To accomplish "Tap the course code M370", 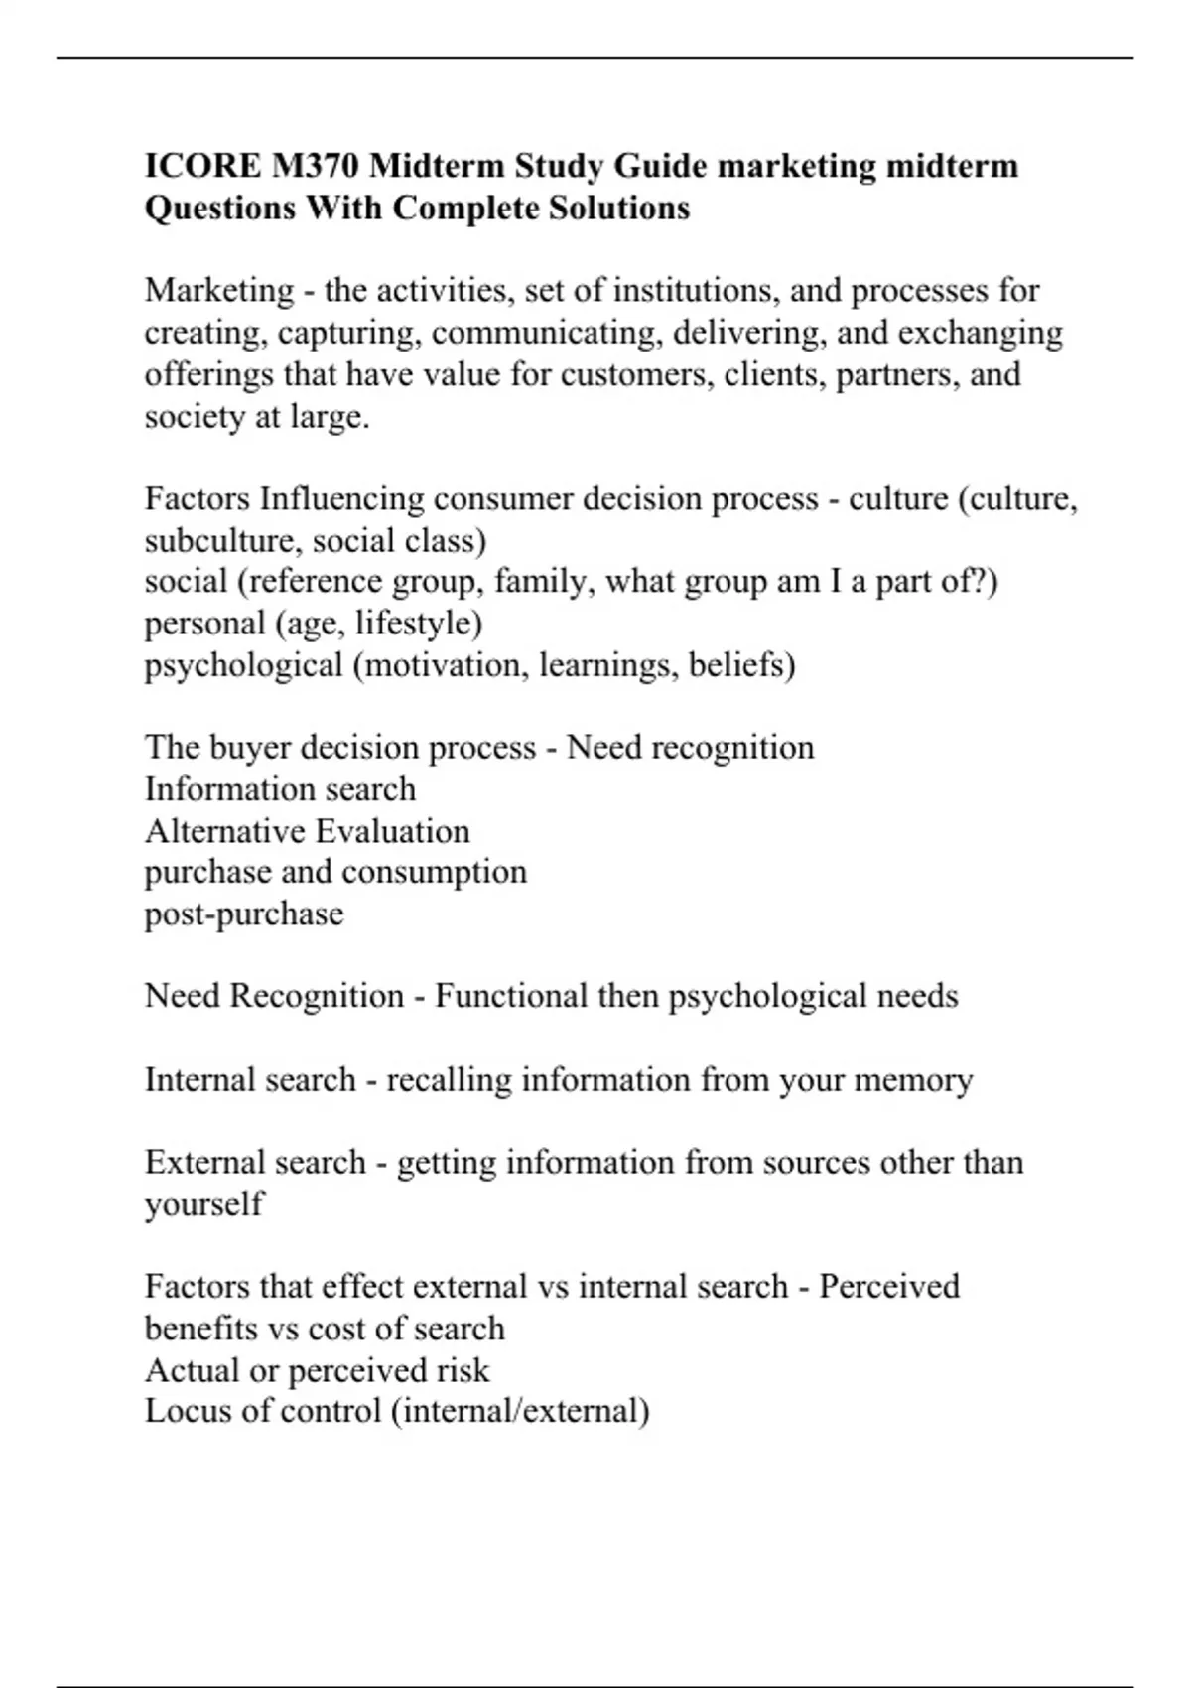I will [313, 165].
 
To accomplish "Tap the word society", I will [195, 416].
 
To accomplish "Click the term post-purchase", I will [244, 914].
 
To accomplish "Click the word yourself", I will [204, 1204].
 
